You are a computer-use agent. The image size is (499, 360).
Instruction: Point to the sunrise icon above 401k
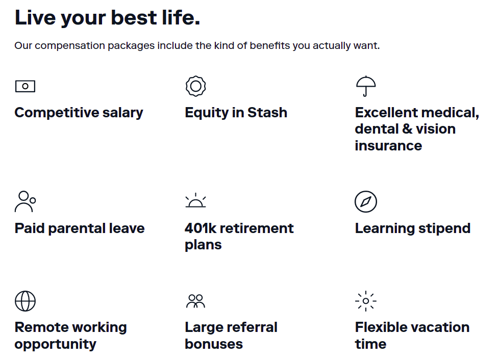pos(196,207)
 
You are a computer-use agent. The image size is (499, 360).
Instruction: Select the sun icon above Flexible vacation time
pos(366,301)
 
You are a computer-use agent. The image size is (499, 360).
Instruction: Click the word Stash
pos(267,113)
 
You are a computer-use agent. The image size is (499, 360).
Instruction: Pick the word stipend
pos(444,228)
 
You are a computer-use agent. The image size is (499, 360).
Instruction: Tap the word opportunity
pos(56,344)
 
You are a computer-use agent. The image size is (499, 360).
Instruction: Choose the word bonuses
pos(214,344)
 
